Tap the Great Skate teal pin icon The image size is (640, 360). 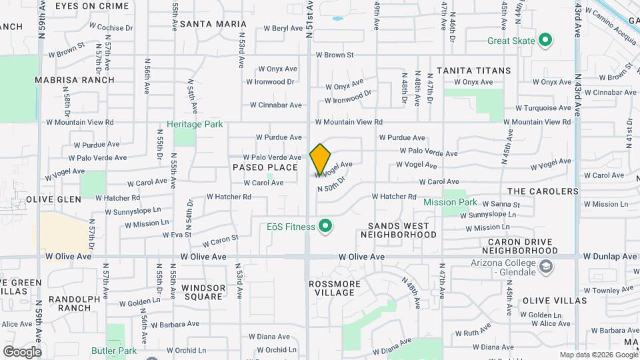[545, 41]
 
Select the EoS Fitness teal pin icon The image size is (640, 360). [326, 227]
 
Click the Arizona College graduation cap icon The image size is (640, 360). [547, 267]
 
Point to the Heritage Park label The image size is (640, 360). [195, 124]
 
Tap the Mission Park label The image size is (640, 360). [450, 201]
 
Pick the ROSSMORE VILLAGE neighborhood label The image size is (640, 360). [335, 288]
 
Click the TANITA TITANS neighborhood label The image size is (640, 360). [473, 70]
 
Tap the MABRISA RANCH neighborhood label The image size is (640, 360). [75, 80]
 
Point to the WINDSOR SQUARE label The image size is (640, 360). [203, 293]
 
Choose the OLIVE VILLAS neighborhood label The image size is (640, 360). [555, 301]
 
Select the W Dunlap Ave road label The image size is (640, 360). [610, 256]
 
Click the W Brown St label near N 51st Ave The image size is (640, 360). [334, 55]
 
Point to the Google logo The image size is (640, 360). [22, 351]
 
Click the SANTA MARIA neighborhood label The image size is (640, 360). [203, 24]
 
